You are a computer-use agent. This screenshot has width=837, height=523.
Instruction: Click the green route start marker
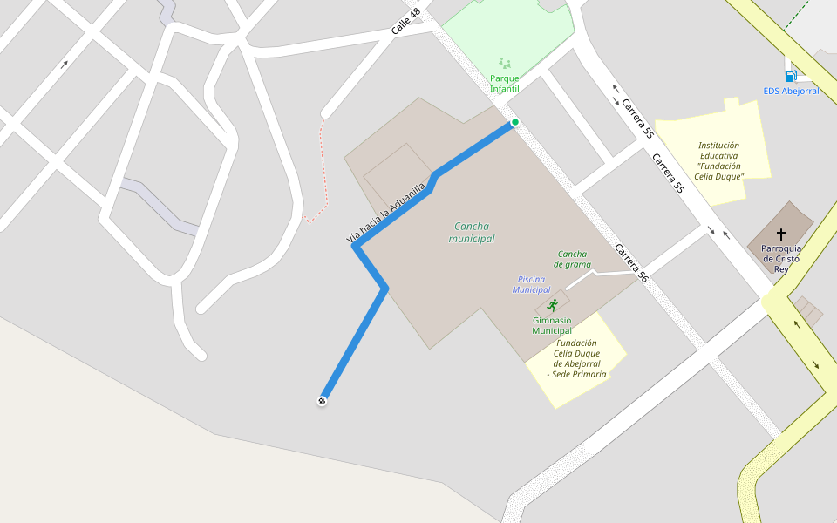tap(515, 122)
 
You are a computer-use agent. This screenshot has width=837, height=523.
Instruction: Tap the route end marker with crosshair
tap(323, 401)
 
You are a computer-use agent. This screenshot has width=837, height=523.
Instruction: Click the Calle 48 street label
tap(406, 22)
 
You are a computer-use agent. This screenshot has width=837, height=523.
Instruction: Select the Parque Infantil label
tap(505, 84)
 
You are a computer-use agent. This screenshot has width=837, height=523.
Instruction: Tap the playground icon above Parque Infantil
tap(505, 63)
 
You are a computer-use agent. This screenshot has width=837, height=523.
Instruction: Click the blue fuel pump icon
tap(791, 77)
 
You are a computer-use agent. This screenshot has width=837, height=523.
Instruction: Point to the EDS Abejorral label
tap(791, 91)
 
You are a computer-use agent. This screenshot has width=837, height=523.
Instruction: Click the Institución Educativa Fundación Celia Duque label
tap(719, 160)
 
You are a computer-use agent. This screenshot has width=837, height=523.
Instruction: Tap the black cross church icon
tap(780, 234)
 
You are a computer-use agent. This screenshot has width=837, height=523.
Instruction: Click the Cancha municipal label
tap(472, 232)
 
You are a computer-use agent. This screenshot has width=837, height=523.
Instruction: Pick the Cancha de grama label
tap(574, 259)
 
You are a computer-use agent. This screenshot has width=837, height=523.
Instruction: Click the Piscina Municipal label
tap(531, 284)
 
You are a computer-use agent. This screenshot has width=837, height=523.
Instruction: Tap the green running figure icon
tap(552, 304)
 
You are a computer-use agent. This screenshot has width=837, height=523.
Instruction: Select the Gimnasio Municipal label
tap(552, 325)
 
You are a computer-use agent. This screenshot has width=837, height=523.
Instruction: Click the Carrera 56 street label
tap(631, 262)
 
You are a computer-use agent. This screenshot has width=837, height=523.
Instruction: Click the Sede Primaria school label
tap(576, 358)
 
